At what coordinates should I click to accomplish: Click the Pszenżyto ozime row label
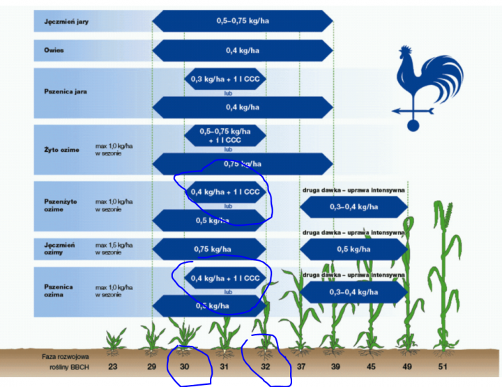(x=59, y=204)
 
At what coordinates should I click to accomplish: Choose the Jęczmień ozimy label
(x=59, y=249)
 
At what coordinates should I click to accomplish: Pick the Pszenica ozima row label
(x=58, y=287)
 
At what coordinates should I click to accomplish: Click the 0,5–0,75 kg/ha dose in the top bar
(x=243, y=21)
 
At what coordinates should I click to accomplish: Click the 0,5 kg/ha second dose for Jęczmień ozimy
(x=353, y=249)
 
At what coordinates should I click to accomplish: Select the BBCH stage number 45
(x=370, y=365)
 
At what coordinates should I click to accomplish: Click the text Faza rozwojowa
(x=65, y=356)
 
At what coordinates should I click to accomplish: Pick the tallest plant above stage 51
(x=443, y=272)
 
